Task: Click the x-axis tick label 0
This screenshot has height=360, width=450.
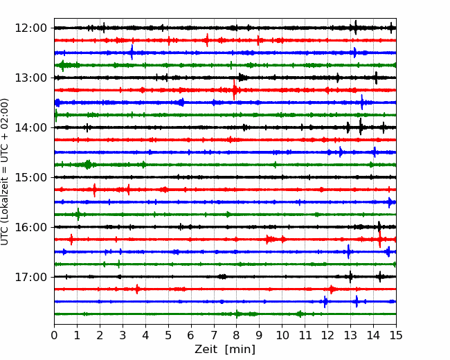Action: pyautogui.click(x=55, y=336)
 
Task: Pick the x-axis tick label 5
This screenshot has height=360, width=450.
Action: pyautogui.click(x=168, y=336)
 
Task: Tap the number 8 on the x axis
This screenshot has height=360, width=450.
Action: pyautogui.click(x=237, y=336)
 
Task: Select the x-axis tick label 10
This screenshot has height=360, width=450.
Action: pyautogui.click(x=282, y=336)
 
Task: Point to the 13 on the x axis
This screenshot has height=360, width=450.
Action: pyautogui.click(x=350, y=336)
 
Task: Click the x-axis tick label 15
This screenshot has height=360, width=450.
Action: pyautogui.click(x=396, y=336)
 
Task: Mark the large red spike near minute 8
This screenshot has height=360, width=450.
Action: pyautogui.click(x=235, y=89)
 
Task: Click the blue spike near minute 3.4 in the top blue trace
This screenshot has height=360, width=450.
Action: pyautogui.click(x=132, y=52)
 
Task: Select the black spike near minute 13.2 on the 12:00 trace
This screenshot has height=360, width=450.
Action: pyautogui.click(x=355, y=28)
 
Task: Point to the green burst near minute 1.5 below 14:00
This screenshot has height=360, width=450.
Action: pyautogui.click(x=88, y=165)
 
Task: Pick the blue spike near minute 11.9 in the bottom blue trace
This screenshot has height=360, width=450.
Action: pyautogui.click(x=325, y=301)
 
